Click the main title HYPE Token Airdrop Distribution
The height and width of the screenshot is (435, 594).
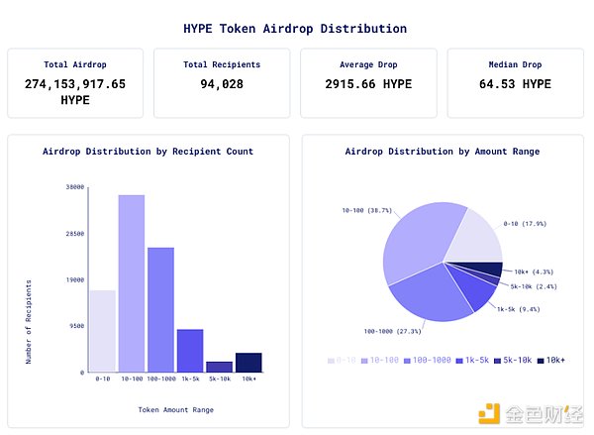(x=295, y=29)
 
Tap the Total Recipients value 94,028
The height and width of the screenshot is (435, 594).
(x=222, y=84)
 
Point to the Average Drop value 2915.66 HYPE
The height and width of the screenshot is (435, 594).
(x=368, y=84)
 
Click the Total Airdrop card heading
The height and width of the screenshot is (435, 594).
(x=75, y=64)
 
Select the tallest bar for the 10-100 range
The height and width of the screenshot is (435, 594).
(x=132, y=282)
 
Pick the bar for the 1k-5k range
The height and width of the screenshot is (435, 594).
(x=190, y=350)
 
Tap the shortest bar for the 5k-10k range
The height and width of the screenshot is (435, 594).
(x=219, y=366)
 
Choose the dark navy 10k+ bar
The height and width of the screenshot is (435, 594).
(x=248, y=362)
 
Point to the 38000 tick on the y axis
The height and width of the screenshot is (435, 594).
(x=74, y=186)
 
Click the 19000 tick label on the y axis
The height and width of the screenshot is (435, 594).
(x=74, y=279)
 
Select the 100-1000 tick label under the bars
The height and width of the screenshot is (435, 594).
(x=160, y=379)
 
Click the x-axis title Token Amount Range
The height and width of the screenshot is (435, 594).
(x=175, y=409)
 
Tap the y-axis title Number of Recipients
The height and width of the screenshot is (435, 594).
(x=29, y=321)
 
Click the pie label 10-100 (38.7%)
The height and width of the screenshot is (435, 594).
(x=366, y=210)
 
